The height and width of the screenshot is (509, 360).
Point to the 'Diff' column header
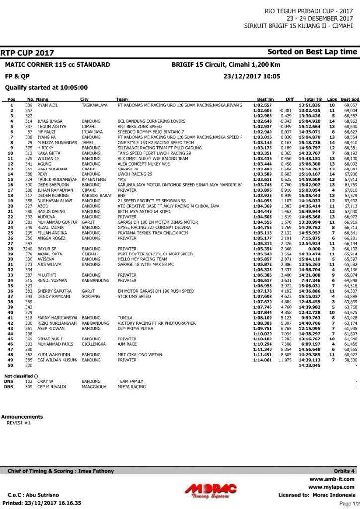(x=290, y=99)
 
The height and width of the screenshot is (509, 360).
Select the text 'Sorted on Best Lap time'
(x=312, y=52)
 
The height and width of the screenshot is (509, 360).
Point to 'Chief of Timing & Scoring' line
(x=61, y=471)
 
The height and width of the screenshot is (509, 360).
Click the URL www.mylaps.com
(x=331, y=487)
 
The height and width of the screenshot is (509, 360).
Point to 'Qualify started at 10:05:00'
(x=46, y=87)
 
